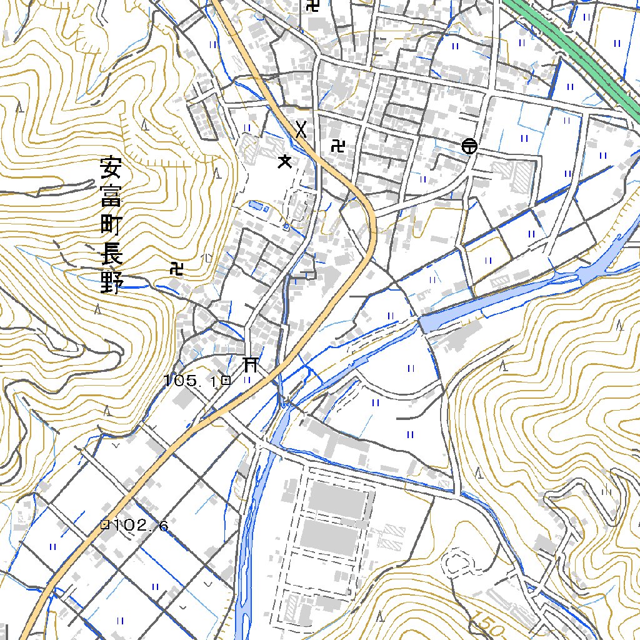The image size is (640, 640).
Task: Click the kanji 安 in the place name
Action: click(x=111, y=169)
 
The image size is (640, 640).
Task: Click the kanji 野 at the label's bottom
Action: click(x=111, y=282)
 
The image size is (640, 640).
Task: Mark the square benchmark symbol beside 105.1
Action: click(x=226, y=379)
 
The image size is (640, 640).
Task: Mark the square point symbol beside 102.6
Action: click(x=105, y=525)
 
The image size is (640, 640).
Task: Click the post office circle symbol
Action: click(x=469, y=146)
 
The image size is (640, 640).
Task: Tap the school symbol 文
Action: click(x=285, y=162)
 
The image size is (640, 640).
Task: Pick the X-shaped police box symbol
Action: click(x=302, y=129)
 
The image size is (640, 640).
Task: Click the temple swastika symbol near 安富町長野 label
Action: click(x=177, y=269)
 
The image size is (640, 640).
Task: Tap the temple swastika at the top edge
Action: click(x=312, y=6)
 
